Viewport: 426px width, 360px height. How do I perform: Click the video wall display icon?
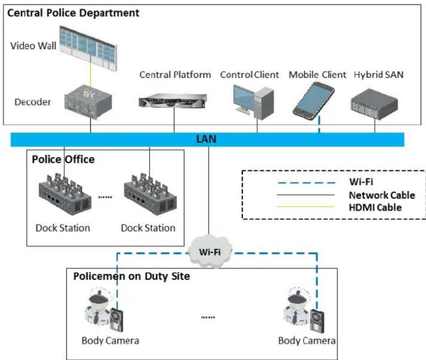(89, 48)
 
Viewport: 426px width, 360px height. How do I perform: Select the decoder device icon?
(88, 102)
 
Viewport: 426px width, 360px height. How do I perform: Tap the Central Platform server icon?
(173, 100)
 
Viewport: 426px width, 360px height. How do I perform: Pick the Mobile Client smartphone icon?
(313, 101)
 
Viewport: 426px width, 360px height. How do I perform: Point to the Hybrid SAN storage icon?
(375, 104)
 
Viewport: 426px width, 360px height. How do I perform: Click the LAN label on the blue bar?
(207, 139)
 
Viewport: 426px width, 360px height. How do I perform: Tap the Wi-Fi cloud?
(210, 252)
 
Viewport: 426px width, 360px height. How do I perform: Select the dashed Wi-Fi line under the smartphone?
(319, 125)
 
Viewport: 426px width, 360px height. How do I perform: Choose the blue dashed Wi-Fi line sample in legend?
(306, 183)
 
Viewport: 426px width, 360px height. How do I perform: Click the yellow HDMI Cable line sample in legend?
(306, 207)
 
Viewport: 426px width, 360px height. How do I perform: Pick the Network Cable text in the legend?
(382, 195)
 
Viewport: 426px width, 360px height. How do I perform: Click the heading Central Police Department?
(73, 13)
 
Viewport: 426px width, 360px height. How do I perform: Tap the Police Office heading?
(63, 159)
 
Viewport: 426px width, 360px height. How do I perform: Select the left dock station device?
(65, 194)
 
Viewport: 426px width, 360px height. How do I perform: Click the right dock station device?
(150, 194)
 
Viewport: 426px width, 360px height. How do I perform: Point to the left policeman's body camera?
(117, 320)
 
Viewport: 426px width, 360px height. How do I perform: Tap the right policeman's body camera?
(317, 321)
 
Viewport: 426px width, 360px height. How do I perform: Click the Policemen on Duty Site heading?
(131, 276)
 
